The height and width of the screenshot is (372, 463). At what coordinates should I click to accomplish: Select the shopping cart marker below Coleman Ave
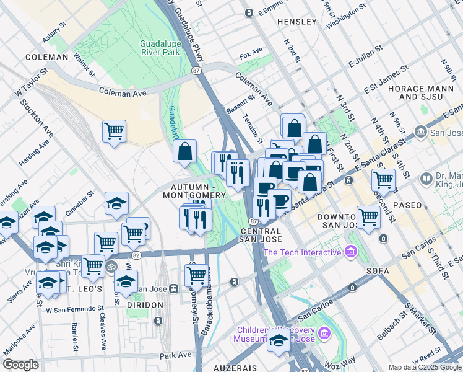coord(114,132)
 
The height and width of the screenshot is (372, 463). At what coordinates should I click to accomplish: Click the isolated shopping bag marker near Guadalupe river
coord(184,151)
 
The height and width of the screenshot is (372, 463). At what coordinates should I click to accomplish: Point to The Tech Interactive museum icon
coord(352,252)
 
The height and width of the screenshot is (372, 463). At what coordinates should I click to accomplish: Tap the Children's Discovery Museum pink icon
coord(322,335)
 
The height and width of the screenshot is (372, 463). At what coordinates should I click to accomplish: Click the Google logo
coord(20,364)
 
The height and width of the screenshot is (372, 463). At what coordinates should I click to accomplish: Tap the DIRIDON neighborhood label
coord(145,305)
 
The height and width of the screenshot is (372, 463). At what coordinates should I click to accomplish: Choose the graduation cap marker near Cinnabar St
coord(116,204)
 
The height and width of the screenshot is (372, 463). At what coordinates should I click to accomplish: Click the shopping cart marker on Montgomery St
coord(196,275)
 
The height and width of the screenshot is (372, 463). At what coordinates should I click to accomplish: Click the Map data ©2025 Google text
coord(424,366)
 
